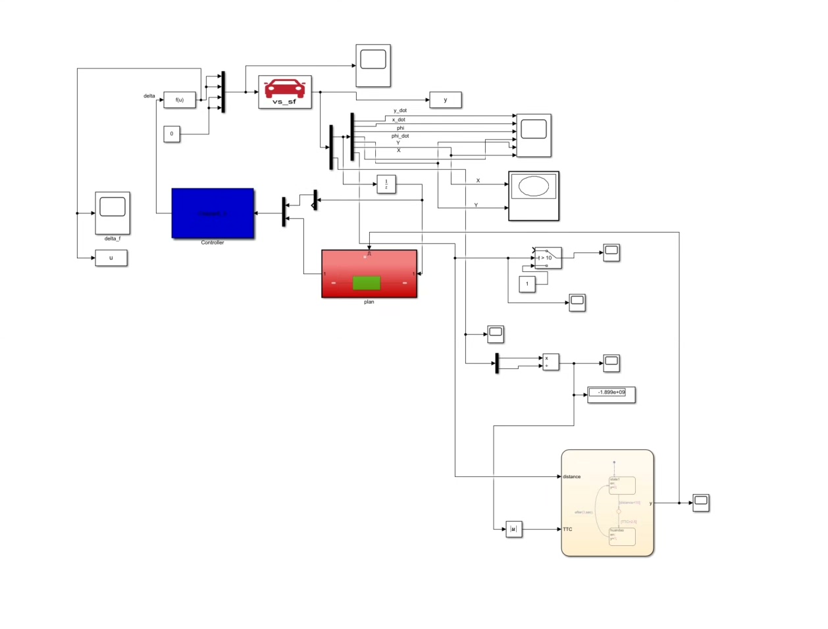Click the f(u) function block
(x=180, y=100)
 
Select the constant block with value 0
(x=172, y=134)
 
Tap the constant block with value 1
(x=527, y=284)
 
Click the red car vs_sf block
(x=285, y=92)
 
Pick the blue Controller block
(x=213, y=213)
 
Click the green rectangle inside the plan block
(x=367, y=283)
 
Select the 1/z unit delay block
(x=386, y=184)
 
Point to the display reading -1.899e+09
(x=611, y=393)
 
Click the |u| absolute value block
(x=514, y=529)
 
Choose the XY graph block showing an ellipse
(x=534, y=196)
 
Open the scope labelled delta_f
(x=113, y=213)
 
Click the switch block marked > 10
(x=548, y=258)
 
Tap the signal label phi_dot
(x=400, y=136)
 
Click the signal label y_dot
(x=400, y=111)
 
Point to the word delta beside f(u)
(x=149, y=96)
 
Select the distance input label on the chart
(x=572, y=476)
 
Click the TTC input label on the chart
(x=567, y=529)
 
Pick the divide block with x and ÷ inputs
(x=551, y=362)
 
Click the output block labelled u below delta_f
(x=111, y=258)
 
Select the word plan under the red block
(x=369, y=302)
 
